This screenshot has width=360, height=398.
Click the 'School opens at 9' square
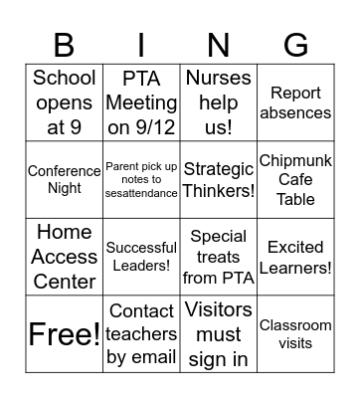65,102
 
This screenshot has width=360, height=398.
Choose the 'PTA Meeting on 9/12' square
141,102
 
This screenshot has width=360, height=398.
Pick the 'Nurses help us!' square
218,102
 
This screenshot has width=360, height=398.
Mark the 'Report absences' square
295,102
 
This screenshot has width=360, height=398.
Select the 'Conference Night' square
65,179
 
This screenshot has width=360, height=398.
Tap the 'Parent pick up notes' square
141,179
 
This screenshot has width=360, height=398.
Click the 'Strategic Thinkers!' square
218,179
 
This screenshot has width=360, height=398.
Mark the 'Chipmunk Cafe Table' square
295,179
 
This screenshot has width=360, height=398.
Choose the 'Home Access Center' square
65,257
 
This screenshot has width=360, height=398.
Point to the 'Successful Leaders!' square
141,257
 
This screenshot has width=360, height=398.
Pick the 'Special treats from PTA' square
218,257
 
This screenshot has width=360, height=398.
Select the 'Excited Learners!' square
295,257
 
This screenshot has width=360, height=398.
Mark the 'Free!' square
65,333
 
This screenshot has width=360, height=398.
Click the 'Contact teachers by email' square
141,333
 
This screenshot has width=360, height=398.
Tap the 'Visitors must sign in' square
218,333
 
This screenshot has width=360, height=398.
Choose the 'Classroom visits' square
295,333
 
